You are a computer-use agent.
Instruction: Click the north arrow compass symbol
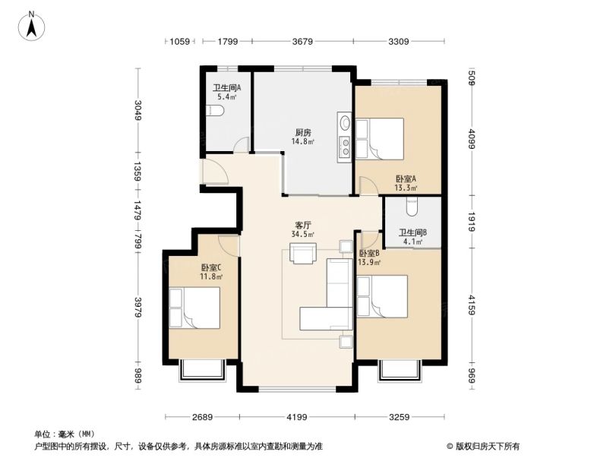pos(32,26)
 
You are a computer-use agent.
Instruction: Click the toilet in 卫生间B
pos(412,204)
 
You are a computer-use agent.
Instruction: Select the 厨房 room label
pos(303,132)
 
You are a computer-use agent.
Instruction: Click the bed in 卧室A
pos(381,138)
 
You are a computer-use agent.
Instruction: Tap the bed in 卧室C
pos(194,308)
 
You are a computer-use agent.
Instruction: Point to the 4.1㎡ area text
pos(412,242)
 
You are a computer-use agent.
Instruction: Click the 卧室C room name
pos(211,267)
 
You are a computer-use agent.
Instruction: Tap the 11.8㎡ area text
pos(211,276)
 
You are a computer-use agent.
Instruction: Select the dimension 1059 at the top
pos(179,42)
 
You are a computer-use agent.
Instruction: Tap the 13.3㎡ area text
pos(405,188)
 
